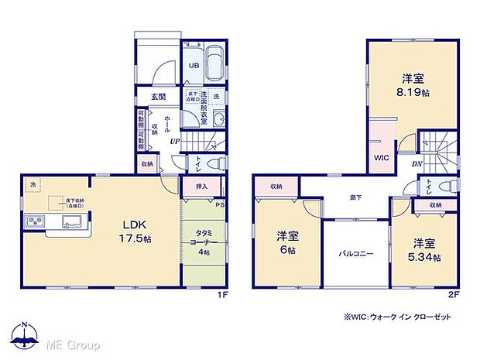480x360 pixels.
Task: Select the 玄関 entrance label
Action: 158,95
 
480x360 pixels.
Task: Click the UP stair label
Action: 177,142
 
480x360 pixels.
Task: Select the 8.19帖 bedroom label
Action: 412,84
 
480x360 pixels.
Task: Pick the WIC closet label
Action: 382,158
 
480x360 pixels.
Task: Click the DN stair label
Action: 417,164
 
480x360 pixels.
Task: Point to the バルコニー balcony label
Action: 355,253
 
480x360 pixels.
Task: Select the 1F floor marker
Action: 220,294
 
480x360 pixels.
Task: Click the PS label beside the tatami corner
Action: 220,205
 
